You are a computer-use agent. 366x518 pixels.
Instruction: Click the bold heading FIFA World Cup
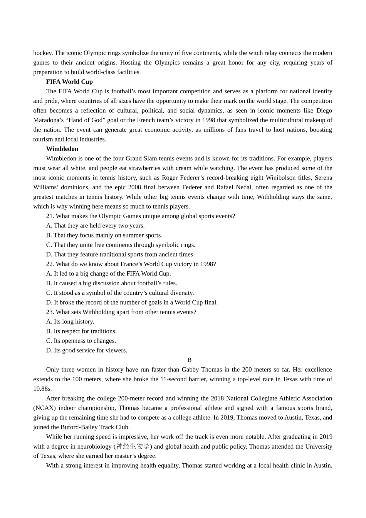point(69,82)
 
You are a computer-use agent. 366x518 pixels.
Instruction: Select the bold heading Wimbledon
point(62,149)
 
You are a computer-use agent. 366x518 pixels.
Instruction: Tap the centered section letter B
point(189,360)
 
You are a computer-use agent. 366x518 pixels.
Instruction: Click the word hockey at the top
point(43,53)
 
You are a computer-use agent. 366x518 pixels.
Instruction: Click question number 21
point(50,216)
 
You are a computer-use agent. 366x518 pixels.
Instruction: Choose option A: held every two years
point(95,225)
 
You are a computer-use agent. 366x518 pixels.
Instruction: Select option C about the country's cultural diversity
point(120,293)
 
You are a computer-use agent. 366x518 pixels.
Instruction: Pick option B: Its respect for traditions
point(81,331)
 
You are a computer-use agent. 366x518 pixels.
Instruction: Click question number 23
point(50,312)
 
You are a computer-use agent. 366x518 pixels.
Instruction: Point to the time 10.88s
point(42,388)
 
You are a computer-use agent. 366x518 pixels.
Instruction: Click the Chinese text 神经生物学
point(133,446)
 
